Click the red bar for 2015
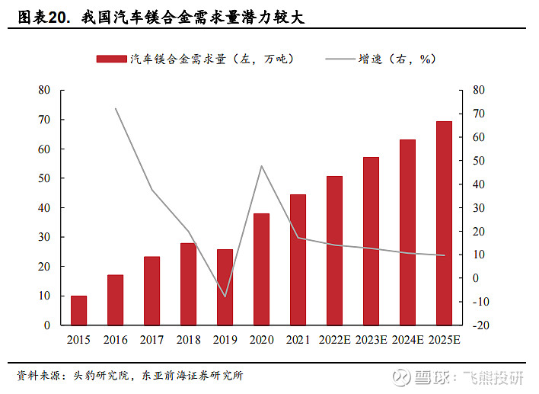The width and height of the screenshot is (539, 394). [78, 310]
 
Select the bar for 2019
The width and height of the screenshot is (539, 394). [225, 287]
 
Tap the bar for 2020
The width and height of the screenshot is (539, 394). [261, 269]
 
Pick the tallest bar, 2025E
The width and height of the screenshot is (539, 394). [444, 223]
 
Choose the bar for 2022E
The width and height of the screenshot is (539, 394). [334, 250]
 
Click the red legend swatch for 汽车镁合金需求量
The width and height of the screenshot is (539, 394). [110, 59]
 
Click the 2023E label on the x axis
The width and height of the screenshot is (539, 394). [371, 340]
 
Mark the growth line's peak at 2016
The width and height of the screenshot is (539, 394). [116, 108]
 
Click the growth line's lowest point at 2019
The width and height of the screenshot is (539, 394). [225, 296]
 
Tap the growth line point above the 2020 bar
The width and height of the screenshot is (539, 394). [261, 166]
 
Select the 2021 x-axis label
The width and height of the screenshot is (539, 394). [298, 340]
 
